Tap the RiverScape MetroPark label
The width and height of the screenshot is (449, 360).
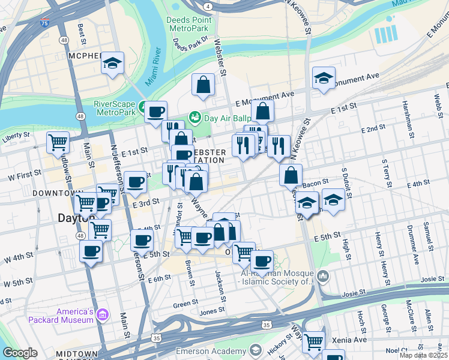click(x=115, y=107)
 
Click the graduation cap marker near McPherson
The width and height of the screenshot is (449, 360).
click(x=112, y=64)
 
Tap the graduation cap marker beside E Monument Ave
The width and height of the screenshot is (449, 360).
click(x=324, y=77)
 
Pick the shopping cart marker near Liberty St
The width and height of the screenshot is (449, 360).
click(x=58, y=142)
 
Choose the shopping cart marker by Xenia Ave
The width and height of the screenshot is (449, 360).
click(x=314, y=342)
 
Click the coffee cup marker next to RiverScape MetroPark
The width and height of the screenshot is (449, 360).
click(x=156, y=111)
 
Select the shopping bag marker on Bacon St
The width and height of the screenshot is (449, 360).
click(x=291, y=175)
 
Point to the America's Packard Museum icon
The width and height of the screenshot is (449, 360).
click(x=102, y=315)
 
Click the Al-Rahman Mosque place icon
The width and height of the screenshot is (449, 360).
click(x=324, y=276)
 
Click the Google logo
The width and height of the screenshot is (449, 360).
click(x=20, y=353)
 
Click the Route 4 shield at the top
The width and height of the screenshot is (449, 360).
click(x=207, y=6)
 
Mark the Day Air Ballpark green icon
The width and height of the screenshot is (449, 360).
click(x=194, y=116)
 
